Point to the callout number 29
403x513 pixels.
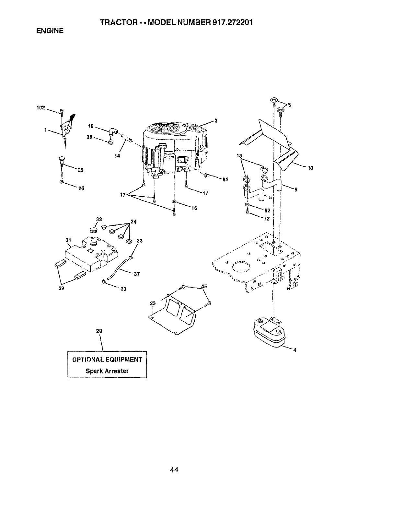coord(99,331)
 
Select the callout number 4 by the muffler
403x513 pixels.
coord(294,350)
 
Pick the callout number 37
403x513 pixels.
coord(136,274)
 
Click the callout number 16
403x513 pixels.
coord(194,208)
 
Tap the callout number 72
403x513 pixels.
coord(267,219)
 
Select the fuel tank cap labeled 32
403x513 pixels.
coord(94,230)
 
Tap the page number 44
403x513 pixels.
coord(174,470)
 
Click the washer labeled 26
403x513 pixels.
coord(62,182)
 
